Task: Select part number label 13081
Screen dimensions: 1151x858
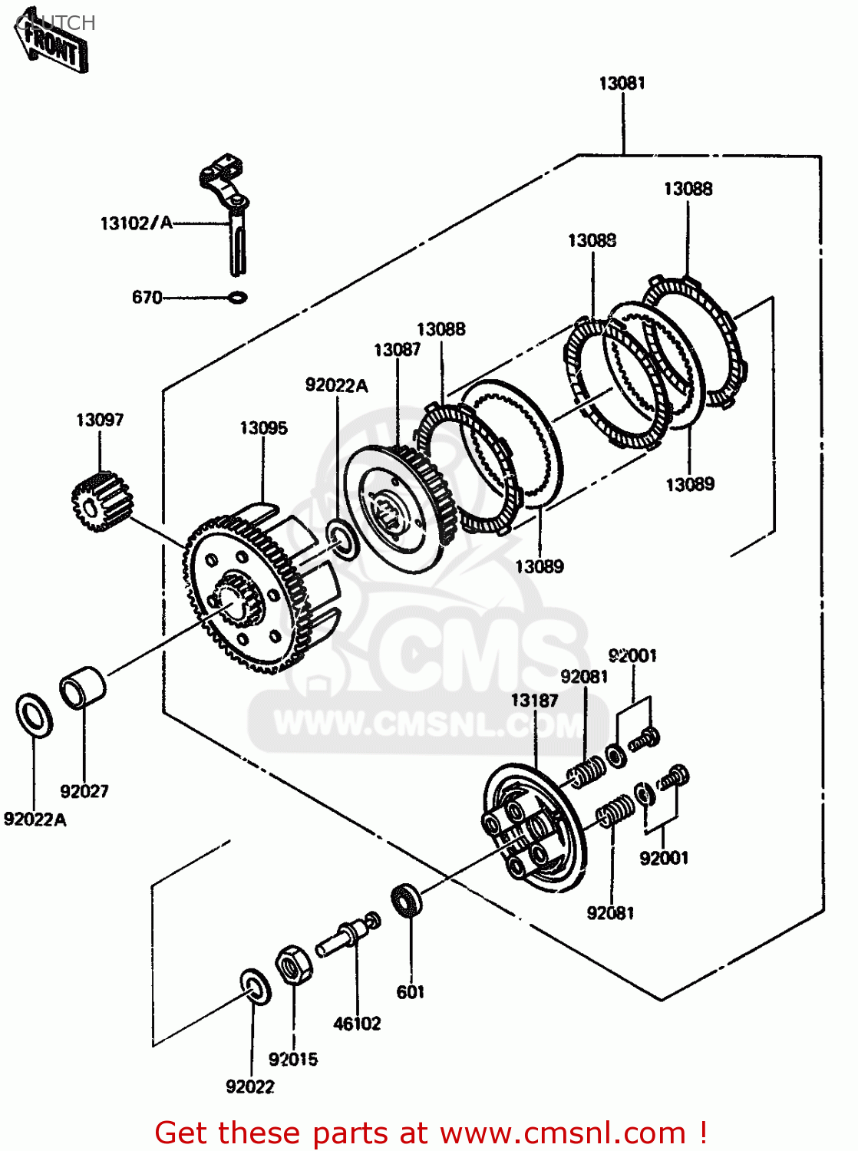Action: coord(622,83)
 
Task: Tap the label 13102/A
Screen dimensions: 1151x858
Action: coord(136,223)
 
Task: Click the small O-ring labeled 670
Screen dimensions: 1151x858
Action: coord(238,297)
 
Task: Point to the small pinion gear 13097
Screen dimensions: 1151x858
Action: coord(102,503)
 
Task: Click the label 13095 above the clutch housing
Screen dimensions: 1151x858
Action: coord(263,428)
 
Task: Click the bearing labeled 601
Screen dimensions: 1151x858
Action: coord(407,901)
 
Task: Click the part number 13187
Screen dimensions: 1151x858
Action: coord(534,700)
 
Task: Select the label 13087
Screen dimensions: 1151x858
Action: coord(397,350)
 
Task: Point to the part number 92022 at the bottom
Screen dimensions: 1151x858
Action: coord(250,1087)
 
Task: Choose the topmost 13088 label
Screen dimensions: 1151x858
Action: coord(688,189)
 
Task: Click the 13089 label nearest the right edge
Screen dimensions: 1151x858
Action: coord(689,484)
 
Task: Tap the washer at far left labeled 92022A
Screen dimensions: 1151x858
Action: coord(35,714)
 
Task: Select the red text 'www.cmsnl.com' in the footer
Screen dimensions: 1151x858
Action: coord(563,1133)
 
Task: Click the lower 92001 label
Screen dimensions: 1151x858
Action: coord(664,858)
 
